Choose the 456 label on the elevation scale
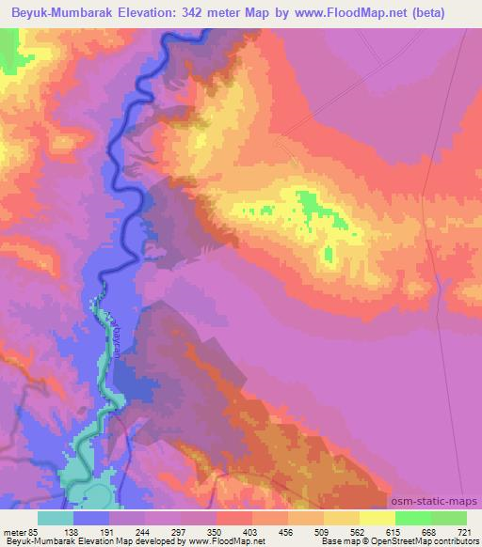[x=288, y=531]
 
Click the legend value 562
[x=360, y=531]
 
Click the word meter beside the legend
[x=16, y=531]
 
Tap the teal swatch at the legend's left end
[x=56, y=517]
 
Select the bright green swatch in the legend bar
[x=413, y=517]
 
